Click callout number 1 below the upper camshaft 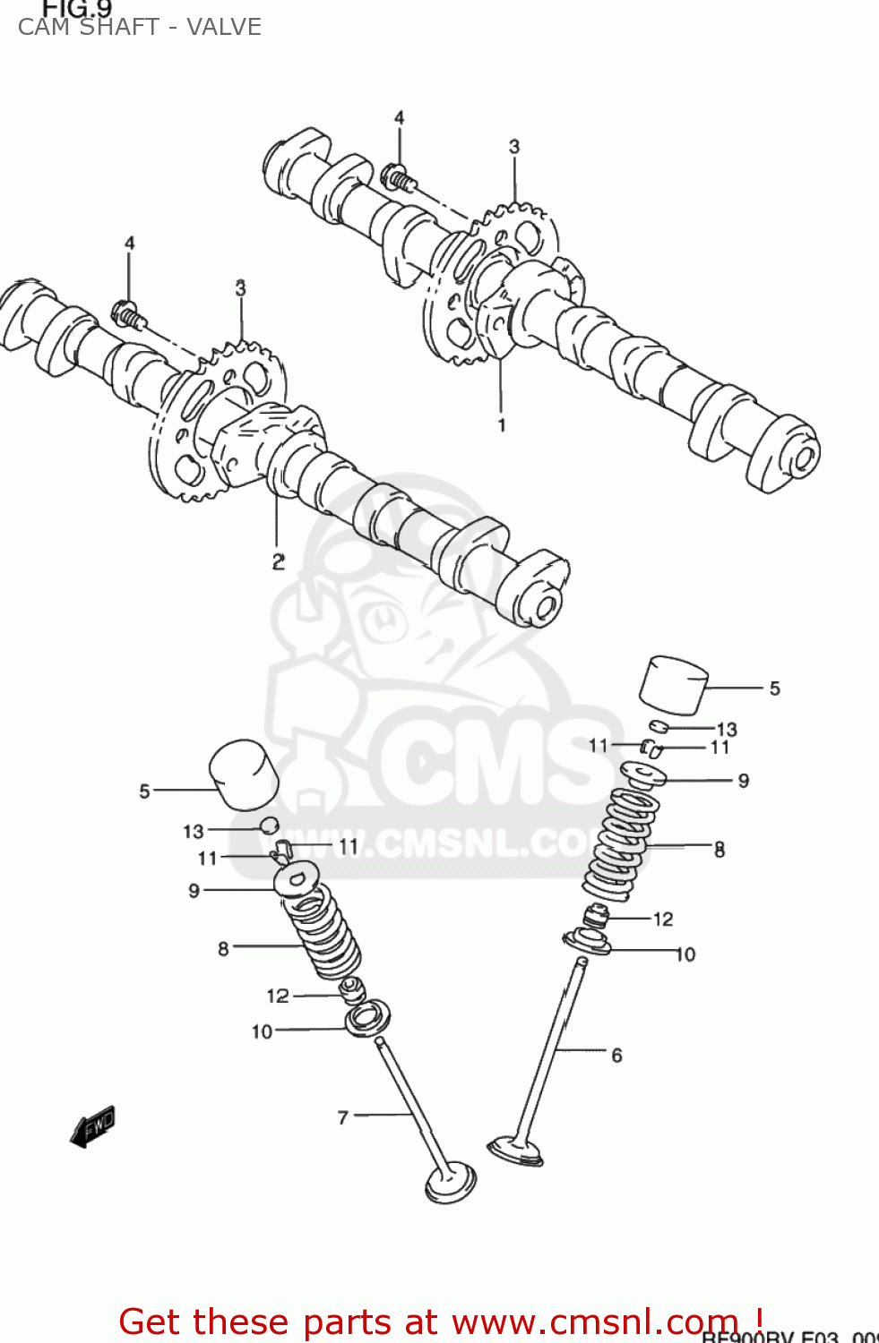pyautogui.click(x=502, y=425)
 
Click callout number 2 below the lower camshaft pyautogui.click(x=278, y=561)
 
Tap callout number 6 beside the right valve pyautogui.click(x=616, y=1056)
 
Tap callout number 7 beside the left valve pyautogui.click(x=342, y=1117)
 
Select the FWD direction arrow pyautogui.click(x=93, y=1126)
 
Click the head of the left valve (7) pyautogui.click(x=450, y=1182)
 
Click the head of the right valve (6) pyautogui.click(x=515, y=1150)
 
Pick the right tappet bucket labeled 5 pyautogui.click(x=674, y=685)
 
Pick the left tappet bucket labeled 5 pyautogui.click(x=243, y=774)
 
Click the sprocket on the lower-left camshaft pyautogui.click(x=215, y=421)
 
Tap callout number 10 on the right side pyautogui.click(x=685, y=954)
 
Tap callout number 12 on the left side pyautogui.click(x=278, y=996)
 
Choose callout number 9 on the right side pyautogui.click(x=743, y=781)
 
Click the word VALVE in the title pyautogui.click(x=224, y=27)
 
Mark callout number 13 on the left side pyautogui.click(x=194, y=832)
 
